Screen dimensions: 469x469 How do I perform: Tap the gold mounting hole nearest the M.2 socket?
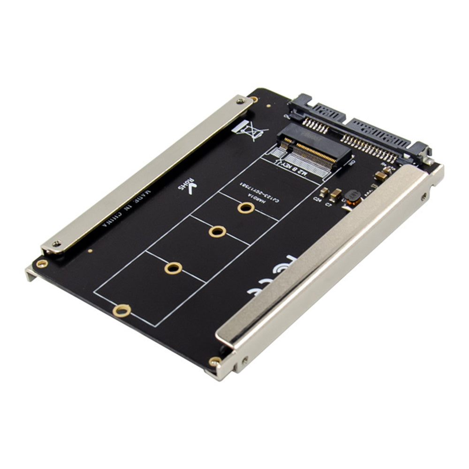245,207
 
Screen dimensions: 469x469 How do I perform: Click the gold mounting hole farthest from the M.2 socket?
121,310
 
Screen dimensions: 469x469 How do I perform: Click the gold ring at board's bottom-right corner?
214,361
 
